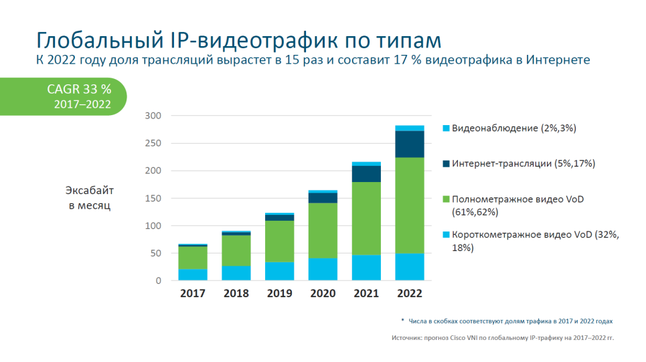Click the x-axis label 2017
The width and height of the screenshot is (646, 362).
pyautogui.click(x=192, y=294)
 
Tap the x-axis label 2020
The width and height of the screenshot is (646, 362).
pyautogui.click(x=323, y=294)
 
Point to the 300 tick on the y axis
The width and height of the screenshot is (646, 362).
pyautogui.click(x=153, y=116)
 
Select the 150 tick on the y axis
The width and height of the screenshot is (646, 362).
pyautogui.click(x=153, y=199)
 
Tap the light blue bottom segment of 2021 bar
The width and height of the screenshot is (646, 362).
pyautogui.click(x=366, y=267)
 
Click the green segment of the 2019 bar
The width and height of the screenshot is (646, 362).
pyautogui.click(x=279, y=241)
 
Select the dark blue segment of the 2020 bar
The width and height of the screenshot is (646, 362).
pyautogui.click(x=323, y=197)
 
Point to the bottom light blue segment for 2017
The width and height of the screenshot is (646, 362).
pyautogui.click(x=192, y=274)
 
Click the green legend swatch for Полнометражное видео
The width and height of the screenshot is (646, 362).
pyautogui.click(x=446, y=199)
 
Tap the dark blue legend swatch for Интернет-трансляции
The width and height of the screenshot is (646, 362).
pyautogui.click(x=446, y=163)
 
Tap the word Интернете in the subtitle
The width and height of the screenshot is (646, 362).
pyautogui.click(x=558, y=60)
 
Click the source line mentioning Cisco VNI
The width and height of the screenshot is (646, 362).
pyautogui.click(x=502, y=338)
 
